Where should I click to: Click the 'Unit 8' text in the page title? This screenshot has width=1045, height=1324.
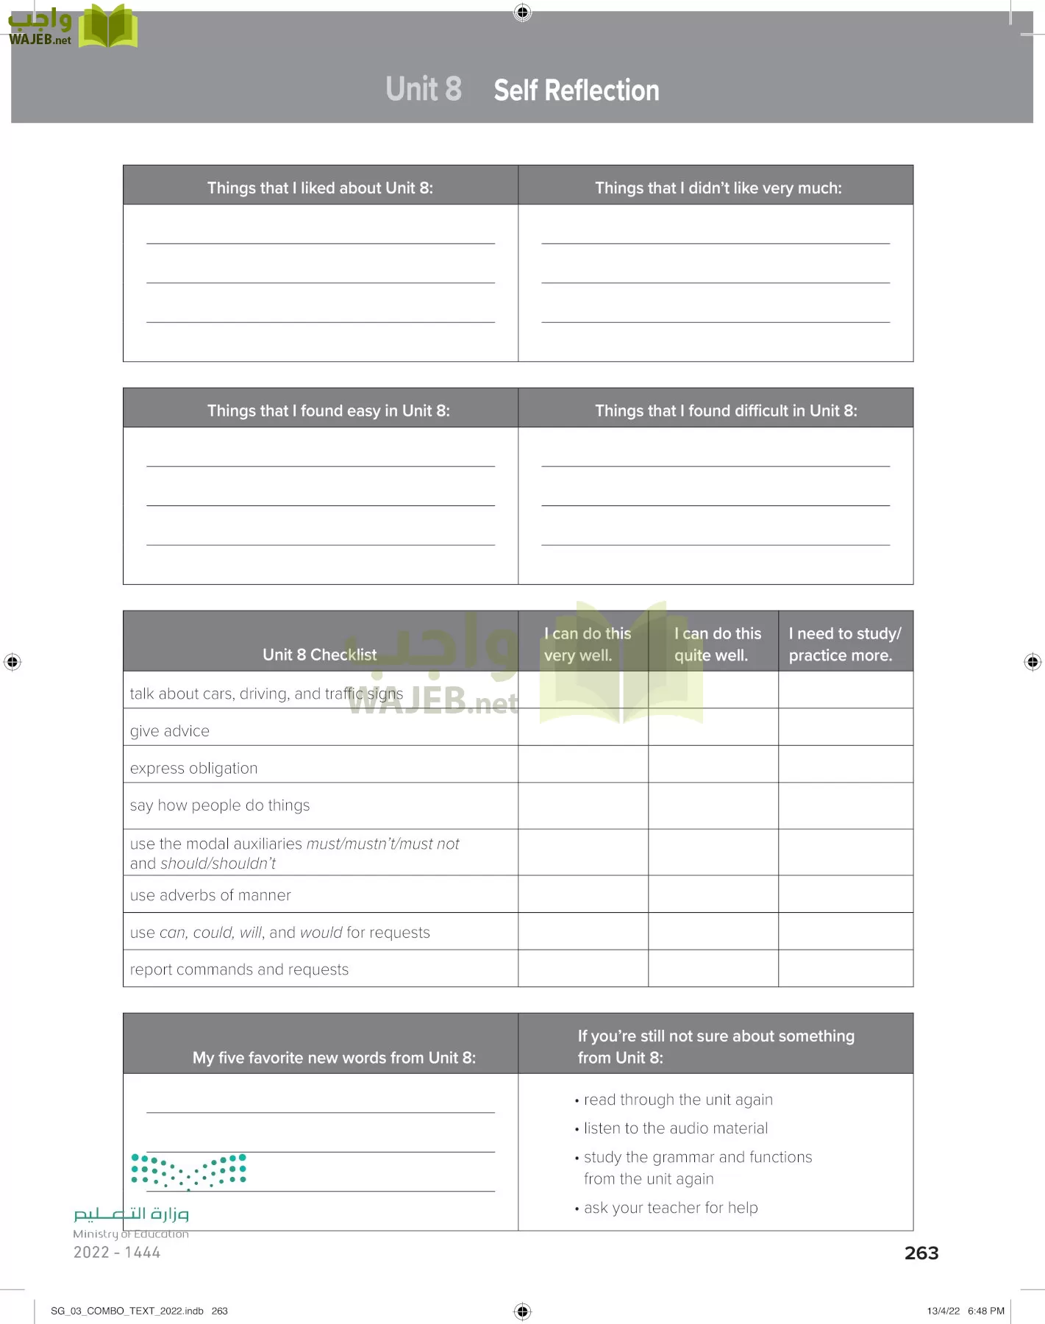pyautogui.click(x=424, y=89)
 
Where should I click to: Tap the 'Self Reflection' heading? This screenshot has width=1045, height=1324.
pyautogui.click(x=577, y=90)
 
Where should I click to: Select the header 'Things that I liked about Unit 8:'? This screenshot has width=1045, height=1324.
pyautogui.click(x=320, y=188)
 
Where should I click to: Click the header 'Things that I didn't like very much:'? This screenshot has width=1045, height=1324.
pyautogui.click(x=718, y=188)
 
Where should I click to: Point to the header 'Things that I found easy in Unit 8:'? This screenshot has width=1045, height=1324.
pyautogui.click(x=328, y=410)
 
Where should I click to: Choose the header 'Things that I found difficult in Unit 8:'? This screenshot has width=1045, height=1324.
pyautogui.click(x=726, y=410)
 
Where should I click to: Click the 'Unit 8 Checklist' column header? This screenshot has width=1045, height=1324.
pyautogui.click(x=319, y=654)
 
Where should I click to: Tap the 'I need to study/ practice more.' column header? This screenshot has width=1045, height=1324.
pyautogui.click(x=844, y=644)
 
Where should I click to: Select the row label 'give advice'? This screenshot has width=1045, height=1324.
pyautogui.click(x=170, y=731)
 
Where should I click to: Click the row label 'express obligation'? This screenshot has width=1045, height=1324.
pyautogui.click(x=193, y=768)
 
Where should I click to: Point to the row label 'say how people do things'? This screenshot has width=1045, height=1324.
pyautogui.click(x=219, y=805)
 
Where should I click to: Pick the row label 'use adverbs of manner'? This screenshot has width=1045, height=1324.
pyautogui.click(x=210, y=895)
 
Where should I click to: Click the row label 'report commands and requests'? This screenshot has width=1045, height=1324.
pyautogui.click(x=239, y=969)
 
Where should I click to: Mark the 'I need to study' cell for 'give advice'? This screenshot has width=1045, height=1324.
pyautogui.click(x=845, y=727)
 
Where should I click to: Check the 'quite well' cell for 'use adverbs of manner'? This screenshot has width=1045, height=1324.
pyautogui.click(x=713, y=894)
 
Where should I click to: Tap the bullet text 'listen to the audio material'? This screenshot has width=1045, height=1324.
pyautogui.click(x=675, y=1128)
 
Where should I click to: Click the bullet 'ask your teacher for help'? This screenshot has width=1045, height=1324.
pyautogui.click(x=670, y=1208)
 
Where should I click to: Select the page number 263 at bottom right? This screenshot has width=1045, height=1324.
pyautogui.click(x=921, y=1253)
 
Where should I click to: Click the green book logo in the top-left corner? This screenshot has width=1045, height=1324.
pyautogui.click(x=108, y=26)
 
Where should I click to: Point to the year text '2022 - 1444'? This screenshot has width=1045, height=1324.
pyautogui.click(x=116, y=1252)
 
